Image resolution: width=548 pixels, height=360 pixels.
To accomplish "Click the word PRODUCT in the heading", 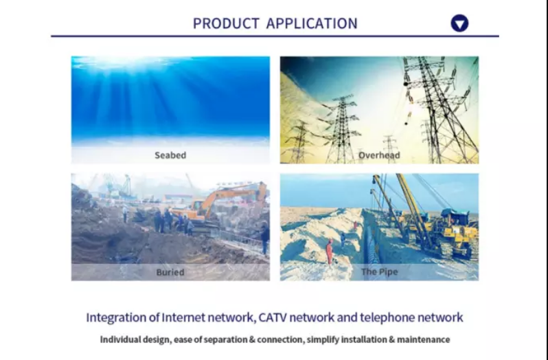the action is click(226, 23).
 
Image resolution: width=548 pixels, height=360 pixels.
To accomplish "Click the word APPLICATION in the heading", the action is click(312, 23).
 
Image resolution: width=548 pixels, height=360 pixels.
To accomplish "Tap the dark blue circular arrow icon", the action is click(459, 23).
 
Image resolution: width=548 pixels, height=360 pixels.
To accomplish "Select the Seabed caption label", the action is click(170, 155).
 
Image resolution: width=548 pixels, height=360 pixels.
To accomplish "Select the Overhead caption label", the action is click(379, 155).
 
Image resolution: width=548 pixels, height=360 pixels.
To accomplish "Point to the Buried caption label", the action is click(170, 272).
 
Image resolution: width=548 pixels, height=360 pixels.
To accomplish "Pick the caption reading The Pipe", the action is click(379, 271).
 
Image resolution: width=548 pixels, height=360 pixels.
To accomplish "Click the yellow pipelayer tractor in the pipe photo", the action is click(451, 231).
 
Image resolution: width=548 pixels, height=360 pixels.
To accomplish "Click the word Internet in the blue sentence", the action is click(183, 317).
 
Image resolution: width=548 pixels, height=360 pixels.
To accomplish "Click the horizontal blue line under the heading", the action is click(275, 36).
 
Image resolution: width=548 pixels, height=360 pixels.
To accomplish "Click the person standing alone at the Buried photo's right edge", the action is click(265, 238).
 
